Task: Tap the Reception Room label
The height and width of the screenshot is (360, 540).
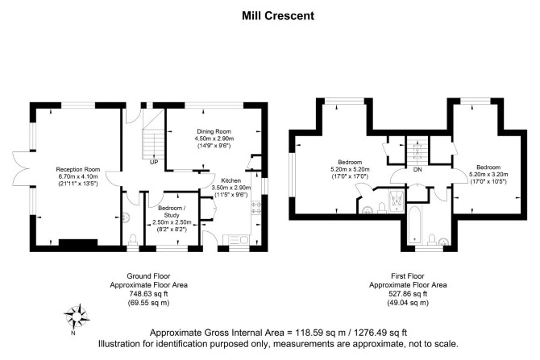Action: point(77,169)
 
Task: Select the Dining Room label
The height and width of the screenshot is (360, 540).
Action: point(214,131)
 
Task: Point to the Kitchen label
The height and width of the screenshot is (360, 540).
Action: point(231,180)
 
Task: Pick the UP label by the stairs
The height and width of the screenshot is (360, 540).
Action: point(154,161)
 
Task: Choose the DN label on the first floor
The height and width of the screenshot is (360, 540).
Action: point(417,170)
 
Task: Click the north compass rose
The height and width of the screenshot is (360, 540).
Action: point(77,313)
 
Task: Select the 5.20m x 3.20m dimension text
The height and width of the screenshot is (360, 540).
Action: point(491,174)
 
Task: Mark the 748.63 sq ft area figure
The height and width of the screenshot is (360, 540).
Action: point(141,294)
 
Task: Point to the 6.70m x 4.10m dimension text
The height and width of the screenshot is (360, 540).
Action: point(77,176)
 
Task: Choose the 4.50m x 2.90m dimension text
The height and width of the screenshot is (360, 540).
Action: point(214,139)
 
